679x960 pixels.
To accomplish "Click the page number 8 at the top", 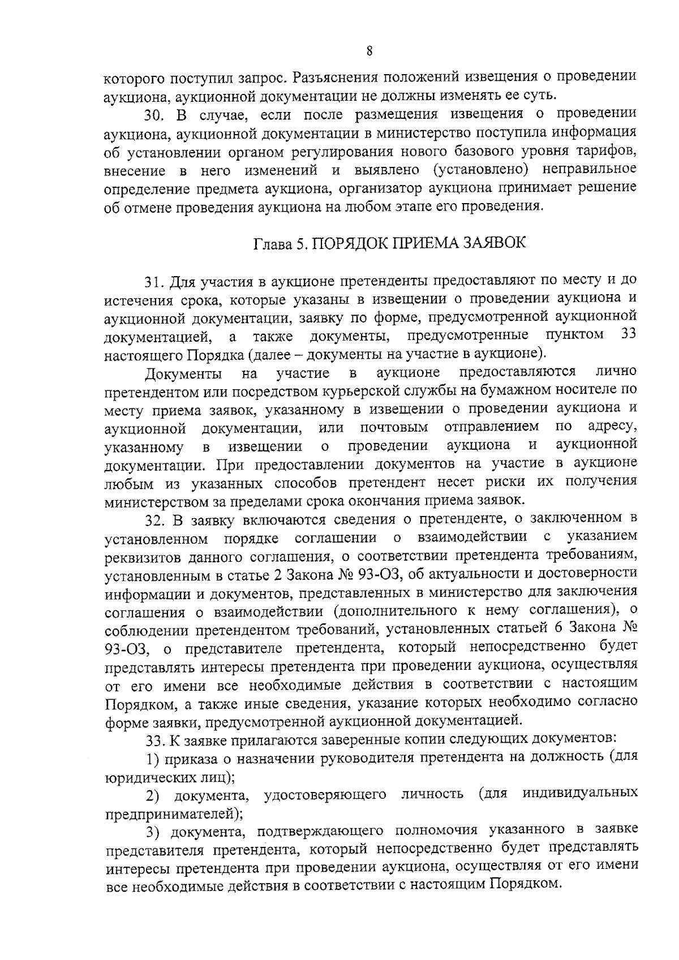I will (x=369, y=51).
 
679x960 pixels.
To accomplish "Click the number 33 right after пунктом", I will (x=629, y=335).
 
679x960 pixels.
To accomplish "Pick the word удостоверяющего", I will (x=325, y=795).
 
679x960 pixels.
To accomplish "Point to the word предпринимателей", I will (x=172, y=814).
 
